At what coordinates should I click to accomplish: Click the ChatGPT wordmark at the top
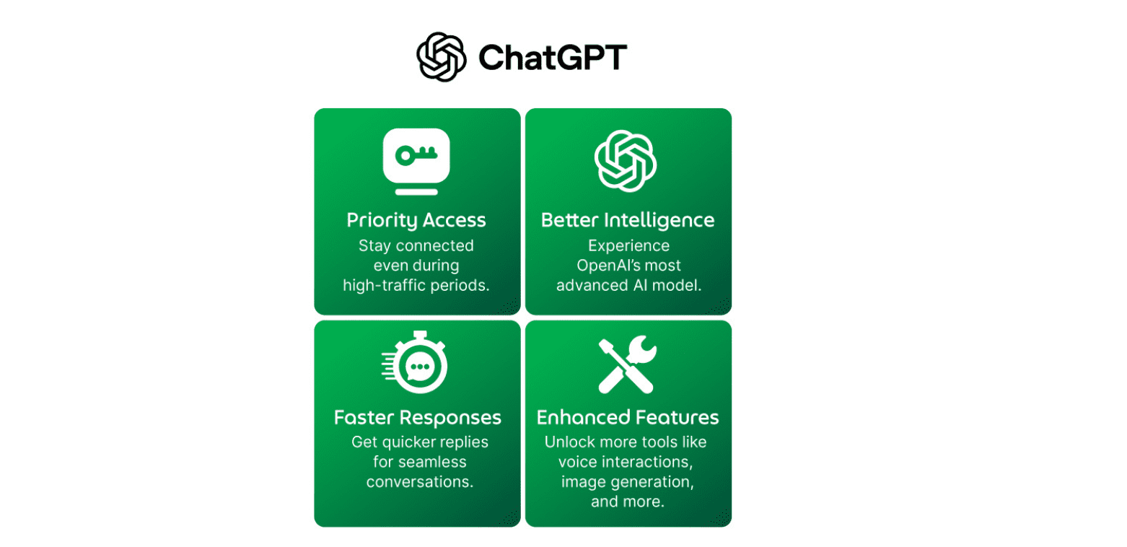point(553,57)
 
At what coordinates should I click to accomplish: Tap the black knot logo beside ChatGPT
point(442,57)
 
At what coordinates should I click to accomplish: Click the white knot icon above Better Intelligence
point(626,161)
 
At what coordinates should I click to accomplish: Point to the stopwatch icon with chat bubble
point(415,362)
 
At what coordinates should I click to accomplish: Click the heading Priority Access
point(416,220)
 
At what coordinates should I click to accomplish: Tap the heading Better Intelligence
point(628,220)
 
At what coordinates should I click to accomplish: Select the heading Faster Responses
point(418,418)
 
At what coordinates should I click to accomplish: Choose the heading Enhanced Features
point(628,417)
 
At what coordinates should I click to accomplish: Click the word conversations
point(420,482)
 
